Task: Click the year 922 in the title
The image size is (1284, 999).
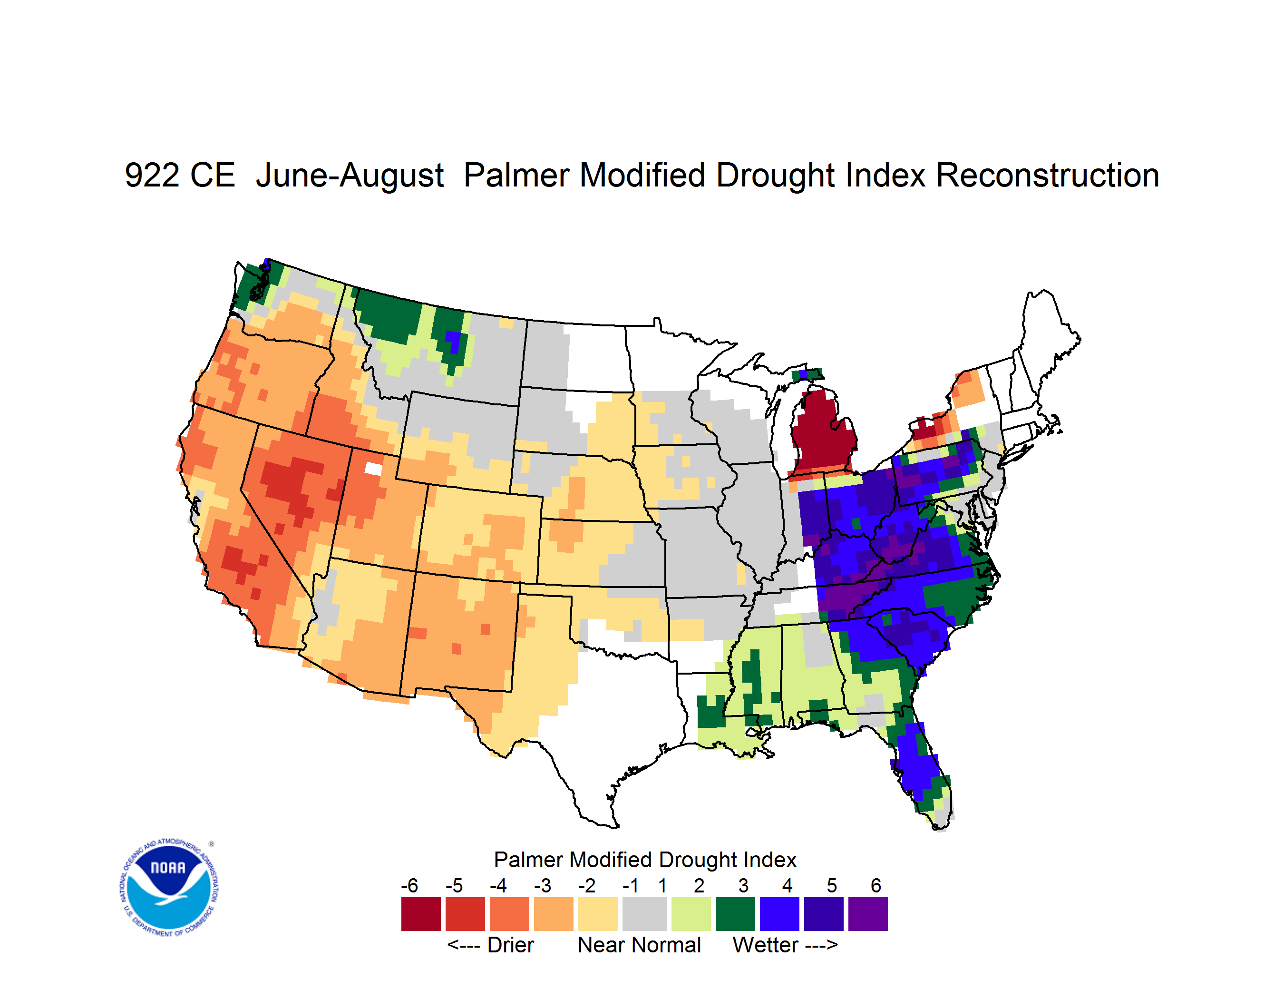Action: (180, 175)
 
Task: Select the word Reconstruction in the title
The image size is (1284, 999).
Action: (1047, 175)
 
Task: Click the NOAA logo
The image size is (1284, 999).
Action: (169, 887)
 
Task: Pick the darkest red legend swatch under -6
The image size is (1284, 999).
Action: (421, 914)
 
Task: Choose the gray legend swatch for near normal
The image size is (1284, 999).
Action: (644, 914)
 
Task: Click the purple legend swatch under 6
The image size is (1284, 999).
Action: (868, 914)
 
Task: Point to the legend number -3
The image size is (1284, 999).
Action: (543, 885)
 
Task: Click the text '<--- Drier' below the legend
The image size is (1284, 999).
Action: (490, 945)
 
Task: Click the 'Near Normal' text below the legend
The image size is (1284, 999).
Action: (639, 945)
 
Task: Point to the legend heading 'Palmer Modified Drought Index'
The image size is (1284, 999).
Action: (645, 860)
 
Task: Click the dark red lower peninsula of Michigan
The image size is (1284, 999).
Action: (822, 432)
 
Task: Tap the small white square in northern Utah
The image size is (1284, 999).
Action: (373, 469)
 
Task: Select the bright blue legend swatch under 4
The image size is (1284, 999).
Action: (779, 914)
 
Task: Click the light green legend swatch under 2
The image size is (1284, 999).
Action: (691, 914)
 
